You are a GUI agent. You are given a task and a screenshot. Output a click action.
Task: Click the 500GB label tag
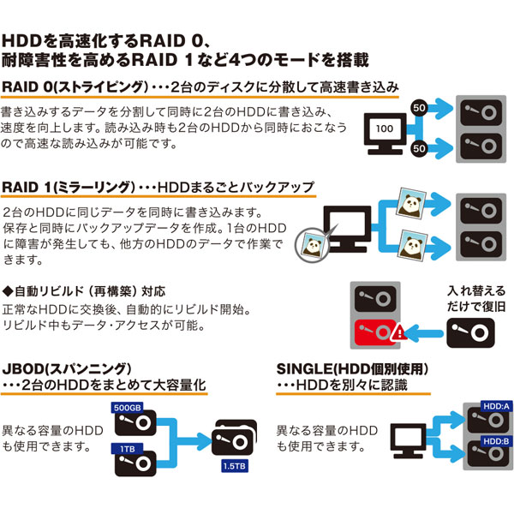[x=128, y=407]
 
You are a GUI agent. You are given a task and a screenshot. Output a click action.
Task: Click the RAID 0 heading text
[x=34, y=88]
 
